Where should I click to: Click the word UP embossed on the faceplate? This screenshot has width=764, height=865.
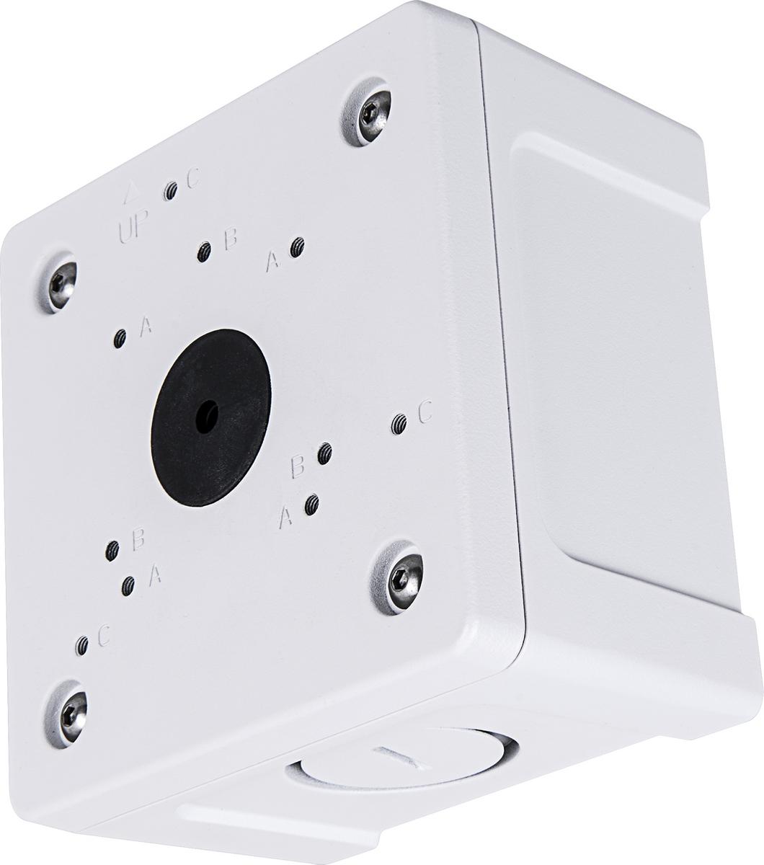tap(133, 228)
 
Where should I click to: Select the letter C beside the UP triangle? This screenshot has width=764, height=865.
tap(193, 179)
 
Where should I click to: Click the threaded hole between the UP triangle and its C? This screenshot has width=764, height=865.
tap(170, 192)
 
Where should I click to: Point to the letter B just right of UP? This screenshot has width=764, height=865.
tap(231, 239)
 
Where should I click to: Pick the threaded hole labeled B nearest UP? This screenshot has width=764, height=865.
tap(204, 252)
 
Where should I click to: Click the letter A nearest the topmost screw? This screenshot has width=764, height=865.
tap(272, 260)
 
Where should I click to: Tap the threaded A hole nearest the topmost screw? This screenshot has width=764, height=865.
tap(297, 247)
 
